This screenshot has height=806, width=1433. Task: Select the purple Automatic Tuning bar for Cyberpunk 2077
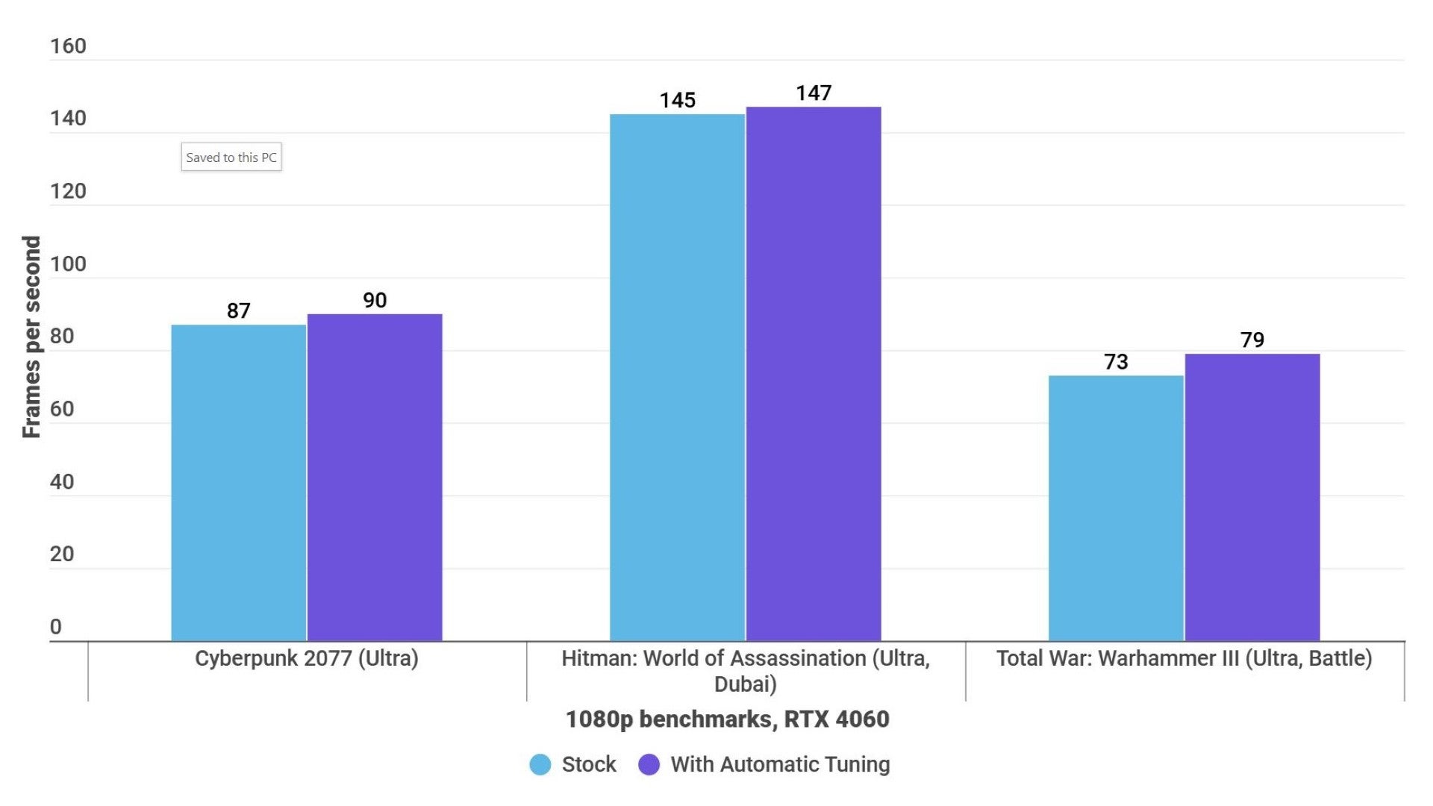coord(375,478)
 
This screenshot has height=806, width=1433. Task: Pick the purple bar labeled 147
coord(814,373)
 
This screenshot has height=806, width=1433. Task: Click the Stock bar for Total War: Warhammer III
coord(1116,507)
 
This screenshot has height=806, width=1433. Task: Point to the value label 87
coord(238,310)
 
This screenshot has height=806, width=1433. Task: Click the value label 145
coord(677,100)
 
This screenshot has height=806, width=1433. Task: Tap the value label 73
coord(1116,362)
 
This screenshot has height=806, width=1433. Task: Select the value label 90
coord(375,300)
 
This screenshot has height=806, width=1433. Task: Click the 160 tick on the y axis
coord(68,46)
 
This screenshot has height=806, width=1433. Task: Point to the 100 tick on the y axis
coord(68,264)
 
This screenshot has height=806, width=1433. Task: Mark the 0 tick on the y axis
coord(56,627)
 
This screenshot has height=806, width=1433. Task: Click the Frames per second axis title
coord(31,337)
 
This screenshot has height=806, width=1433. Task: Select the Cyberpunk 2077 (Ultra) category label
coord(307,658)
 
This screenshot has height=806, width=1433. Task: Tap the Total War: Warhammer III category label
coord(1184,658)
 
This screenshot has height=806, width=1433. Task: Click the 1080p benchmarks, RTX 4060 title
coord(727,719)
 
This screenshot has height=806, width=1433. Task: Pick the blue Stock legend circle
coord(540,764)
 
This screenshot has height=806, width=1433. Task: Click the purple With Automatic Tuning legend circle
coord(649,764)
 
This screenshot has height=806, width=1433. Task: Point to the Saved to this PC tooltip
coord(231,157)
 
